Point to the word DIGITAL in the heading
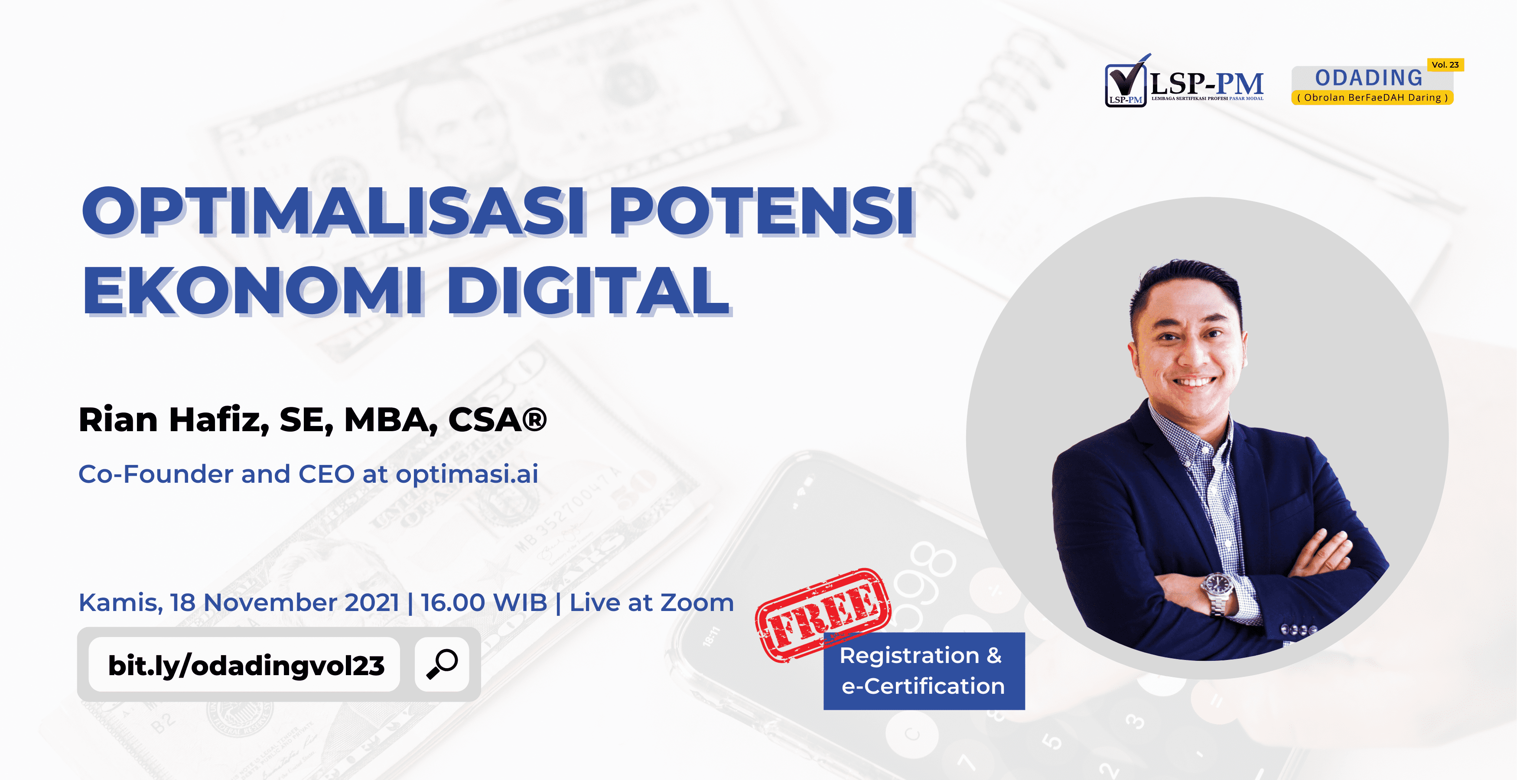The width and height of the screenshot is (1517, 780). (x=588, y=290)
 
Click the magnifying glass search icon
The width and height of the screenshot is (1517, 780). (x=442, y=664)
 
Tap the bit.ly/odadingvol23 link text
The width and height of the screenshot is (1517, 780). (x=246, y=665)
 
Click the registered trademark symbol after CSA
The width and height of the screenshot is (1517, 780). (x=535, y=420)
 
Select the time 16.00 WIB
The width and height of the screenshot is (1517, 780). (x=483, y=602)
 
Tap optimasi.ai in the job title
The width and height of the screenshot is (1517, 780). (x=467, y=474)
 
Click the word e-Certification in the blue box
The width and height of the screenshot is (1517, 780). (x=923, y=686)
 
